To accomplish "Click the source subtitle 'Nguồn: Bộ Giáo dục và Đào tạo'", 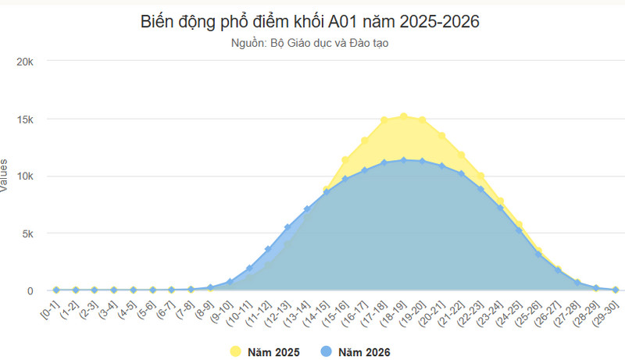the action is pyautogui.click(x=309, y=43).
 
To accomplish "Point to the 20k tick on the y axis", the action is pyautogui.click(x=25, y=62).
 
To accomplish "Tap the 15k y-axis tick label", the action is pyautogui.click(x=25, y=119).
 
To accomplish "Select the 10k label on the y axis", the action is pyautogui.click(x=25, y=176).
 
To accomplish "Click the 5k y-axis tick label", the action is pyautogui.click(x=28, y=233).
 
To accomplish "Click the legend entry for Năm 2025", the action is pyautogui.click(x=265, y=352).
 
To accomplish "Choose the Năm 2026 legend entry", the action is pyautogui.click(x=355, y=352).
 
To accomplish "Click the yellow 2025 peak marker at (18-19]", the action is pyautogui.click(x=403, y=116).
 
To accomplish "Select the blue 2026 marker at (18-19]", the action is pyautogui.click(x=403, y=161).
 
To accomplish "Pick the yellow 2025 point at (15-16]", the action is pyautogui.click(x=345, y=160).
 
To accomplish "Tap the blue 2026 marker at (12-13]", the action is pyautogui.click(x=287, y=227).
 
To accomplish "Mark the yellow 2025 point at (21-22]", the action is pyautogui.click(x=461, y=155).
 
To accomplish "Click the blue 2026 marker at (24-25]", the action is pyautogui.click(x=519, y=230).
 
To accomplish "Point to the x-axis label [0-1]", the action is pyautogui.click(x=50, y=309).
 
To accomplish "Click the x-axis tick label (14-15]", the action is pyautogui.click(x=316, y=313).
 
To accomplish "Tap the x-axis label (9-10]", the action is pyautogui.click(x=221, y=312).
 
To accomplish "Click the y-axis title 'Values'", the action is pyautogui.click(x=4, y=176).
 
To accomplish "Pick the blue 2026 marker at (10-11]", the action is pyautogui.click(x=249, y=269).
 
